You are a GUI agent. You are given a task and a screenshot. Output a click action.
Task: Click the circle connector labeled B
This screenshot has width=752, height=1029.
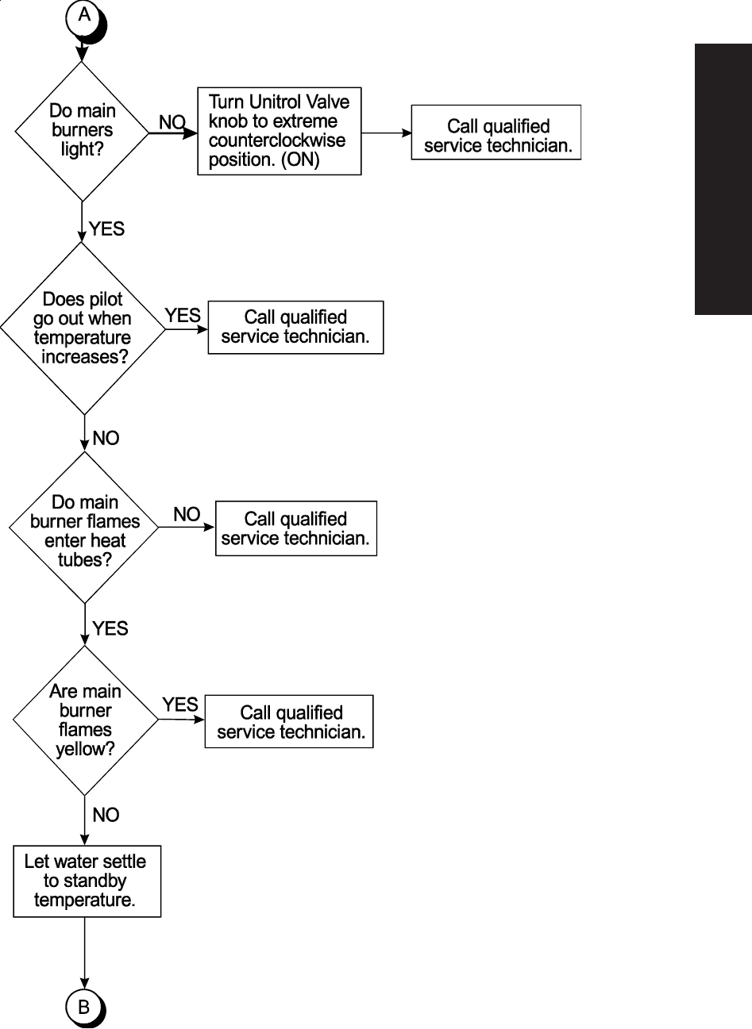(x=83, y=1008)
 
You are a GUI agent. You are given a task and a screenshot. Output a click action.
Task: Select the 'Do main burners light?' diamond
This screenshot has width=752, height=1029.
(x=82, y=131)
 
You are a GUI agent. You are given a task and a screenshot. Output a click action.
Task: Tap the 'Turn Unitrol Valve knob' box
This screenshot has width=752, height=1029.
(x=279, y=131)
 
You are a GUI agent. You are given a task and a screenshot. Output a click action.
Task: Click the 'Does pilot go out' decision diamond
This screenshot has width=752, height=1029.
(x=83, y=328)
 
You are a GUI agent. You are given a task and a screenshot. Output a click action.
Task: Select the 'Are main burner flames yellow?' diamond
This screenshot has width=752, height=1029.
(x=85, y=720)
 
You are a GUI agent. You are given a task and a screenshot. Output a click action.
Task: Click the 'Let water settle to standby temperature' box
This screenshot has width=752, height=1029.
(x=87, y=881)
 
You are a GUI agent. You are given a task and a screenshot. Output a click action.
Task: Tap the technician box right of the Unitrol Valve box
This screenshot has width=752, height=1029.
(x=496, y=136)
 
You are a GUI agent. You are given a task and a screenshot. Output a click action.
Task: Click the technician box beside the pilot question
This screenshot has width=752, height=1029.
(x=295, y=327)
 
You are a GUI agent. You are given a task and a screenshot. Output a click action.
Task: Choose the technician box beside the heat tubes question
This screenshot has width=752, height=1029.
(x=295, y=528)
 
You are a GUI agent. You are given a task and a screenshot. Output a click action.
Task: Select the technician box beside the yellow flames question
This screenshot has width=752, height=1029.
(x=289, y=721)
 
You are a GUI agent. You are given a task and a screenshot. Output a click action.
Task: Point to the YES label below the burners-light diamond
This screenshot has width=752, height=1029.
(x=106, y=228)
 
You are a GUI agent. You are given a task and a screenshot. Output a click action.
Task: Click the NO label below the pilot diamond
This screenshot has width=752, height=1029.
(x=106, y=438)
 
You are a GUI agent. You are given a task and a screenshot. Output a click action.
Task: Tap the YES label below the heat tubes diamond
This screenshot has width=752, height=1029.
(x=110, y=629)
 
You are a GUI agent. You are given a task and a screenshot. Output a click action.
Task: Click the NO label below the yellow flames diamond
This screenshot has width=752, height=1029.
(x=106, y=815)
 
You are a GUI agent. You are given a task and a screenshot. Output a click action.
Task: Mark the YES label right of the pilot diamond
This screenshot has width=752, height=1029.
(x=183, y=316)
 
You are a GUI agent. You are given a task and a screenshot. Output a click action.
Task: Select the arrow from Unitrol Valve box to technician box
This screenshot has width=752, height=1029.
(x=386, y=133)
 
